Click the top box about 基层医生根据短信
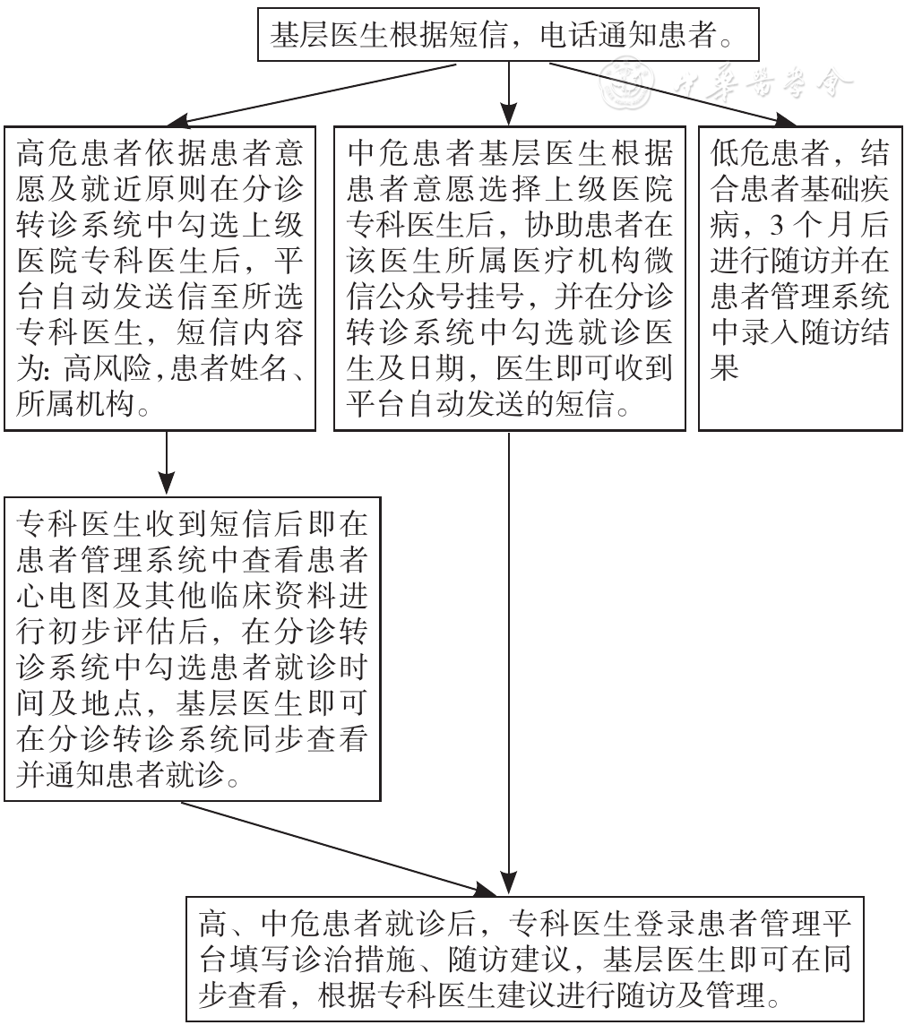(508, 35)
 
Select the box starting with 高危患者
(160, 279)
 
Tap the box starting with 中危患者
(509, 279)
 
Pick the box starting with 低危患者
(800, 279)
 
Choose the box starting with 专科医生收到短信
(193, 649)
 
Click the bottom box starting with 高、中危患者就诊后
(525, 959)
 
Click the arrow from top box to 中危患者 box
(509, 93)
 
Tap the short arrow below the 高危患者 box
(167, 463)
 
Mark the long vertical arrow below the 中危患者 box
(509, 664)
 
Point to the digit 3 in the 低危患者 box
(776, 226)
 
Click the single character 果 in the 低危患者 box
(725, 367)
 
